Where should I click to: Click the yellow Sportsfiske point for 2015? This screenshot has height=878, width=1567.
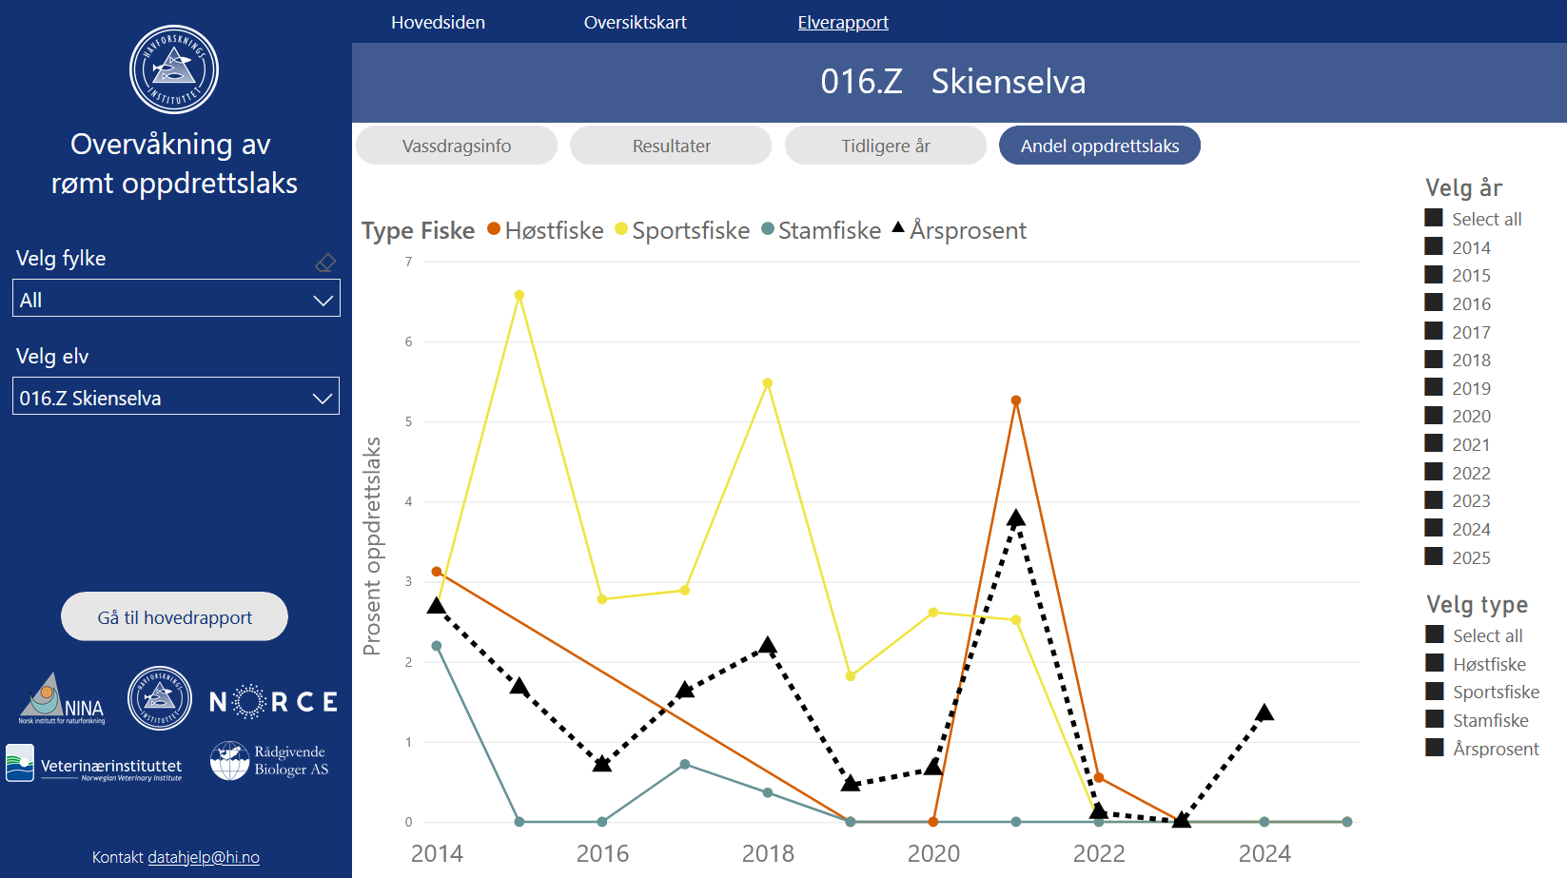point(519,295)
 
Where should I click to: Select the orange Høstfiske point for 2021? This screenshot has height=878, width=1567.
point(1016,400)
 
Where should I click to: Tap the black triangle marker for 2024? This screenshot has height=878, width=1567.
point(1264,712)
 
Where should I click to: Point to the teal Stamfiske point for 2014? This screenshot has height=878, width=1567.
point(437,646)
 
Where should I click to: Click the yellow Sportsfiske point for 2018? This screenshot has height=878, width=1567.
point(768,383)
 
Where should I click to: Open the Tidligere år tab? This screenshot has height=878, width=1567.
point(886,146)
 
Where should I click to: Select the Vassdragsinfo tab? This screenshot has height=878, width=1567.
point(457,146)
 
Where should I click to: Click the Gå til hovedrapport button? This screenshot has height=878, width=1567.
point(174,617)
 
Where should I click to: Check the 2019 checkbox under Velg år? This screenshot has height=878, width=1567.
point(1434,387)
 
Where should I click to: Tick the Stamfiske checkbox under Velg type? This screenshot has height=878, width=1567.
point(1434,719)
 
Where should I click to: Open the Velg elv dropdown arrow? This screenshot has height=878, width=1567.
point(322,398)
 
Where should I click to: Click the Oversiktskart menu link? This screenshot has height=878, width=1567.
point(636,23)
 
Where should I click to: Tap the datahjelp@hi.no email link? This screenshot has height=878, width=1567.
point(204,857)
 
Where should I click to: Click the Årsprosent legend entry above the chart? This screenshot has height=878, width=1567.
point(959,230)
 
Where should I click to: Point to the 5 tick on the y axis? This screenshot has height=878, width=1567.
point(408,421)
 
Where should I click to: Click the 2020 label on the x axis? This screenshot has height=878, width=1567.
point(933,853)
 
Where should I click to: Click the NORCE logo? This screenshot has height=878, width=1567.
point(273,702)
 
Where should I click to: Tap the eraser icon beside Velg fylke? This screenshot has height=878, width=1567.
point(325,263)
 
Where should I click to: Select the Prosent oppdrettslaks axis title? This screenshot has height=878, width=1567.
point(371,546)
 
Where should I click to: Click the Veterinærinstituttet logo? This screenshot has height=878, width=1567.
point(94,763)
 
